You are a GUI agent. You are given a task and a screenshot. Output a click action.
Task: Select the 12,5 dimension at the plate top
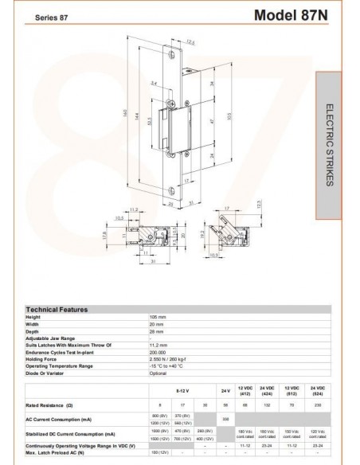click(190, 41)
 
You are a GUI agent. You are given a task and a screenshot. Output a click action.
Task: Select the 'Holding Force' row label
click(43, 359)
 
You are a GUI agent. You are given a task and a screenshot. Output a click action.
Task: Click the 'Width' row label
click(33, 323)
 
